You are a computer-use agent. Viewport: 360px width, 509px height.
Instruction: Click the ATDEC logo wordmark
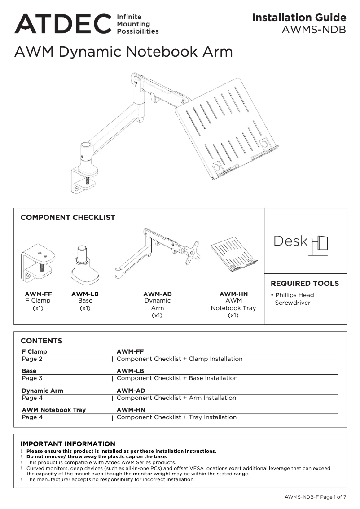pos(62,24)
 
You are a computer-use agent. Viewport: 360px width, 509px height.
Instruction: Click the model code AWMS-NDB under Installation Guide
pos(314,30)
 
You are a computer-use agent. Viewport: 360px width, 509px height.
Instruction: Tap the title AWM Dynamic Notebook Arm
pos(123,52)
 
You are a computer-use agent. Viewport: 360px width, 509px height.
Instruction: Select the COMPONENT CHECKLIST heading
pos(68,218)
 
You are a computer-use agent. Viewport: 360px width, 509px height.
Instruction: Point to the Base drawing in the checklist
pos(85,265)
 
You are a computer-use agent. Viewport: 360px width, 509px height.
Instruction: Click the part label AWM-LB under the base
pos(85,294)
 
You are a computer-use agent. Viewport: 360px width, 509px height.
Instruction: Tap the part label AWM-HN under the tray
pos(233,294)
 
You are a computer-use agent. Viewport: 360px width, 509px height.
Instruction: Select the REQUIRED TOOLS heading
pos(305,284)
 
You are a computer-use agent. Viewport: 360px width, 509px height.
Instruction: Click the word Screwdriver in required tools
pos(293,303)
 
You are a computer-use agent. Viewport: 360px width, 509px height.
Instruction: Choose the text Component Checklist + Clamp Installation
pos(180,359)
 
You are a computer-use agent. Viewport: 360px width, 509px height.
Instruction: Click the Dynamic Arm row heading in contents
pos(43,391)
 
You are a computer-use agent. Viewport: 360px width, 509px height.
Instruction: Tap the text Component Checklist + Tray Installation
pos(176,417)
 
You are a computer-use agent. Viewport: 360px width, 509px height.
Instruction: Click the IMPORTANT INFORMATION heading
pos(68,444)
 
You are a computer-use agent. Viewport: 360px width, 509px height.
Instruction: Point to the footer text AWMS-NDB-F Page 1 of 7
pos(315,497)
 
